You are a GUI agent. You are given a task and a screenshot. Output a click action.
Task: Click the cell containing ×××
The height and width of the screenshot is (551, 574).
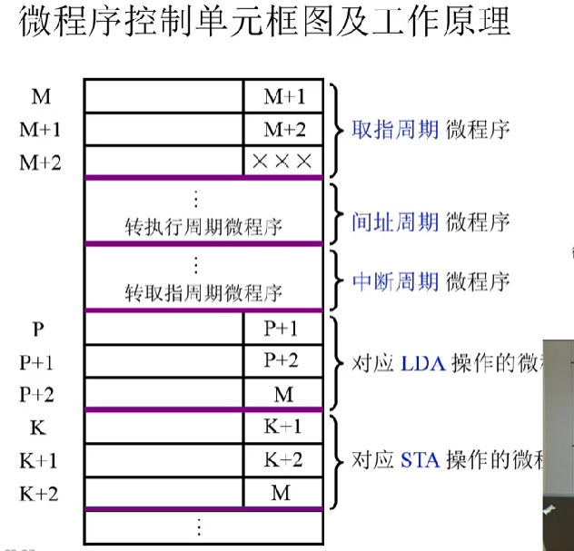click(282, 162)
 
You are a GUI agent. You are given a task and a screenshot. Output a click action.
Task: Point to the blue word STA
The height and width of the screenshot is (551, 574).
click(419, 459)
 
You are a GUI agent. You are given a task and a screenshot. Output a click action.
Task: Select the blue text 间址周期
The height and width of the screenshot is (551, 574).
click(395, 221)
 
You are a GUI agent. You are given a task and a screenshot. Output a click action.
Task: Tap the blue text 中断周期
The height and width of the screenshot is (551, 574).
click(395, 280)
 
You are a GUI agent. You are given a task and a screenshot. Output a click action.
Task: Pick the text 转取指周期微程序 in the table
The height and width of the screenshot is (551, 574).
click(203, 292)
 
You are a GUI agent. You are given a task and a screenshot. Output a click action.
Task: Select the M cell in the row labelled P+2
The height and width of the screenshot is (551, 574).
click(282, 395)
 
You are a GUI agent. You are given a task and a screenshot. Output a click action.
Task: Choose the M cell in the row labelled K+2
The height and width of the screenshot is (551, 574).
click(282, 493)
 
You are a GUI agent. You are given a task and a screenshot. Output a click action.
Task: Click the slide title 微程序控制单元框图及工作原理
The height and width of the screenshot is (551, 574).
click(264, 23)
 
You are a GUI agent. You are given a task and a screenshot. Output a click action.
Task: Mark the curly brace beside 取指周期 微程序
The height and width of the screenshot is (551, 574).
click(335, 129)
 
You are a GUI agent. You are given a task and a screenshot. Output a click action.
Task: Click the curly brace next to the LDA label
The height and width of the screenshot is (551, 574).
click(335, 362)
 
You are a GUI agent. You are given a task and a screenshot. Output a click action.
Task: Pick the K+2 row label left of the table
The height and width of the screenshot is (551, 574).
click(38, 493)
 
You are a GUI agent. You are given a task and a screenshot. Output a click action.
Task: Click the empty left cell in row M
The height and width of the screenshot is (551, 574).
click(163, 96)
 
